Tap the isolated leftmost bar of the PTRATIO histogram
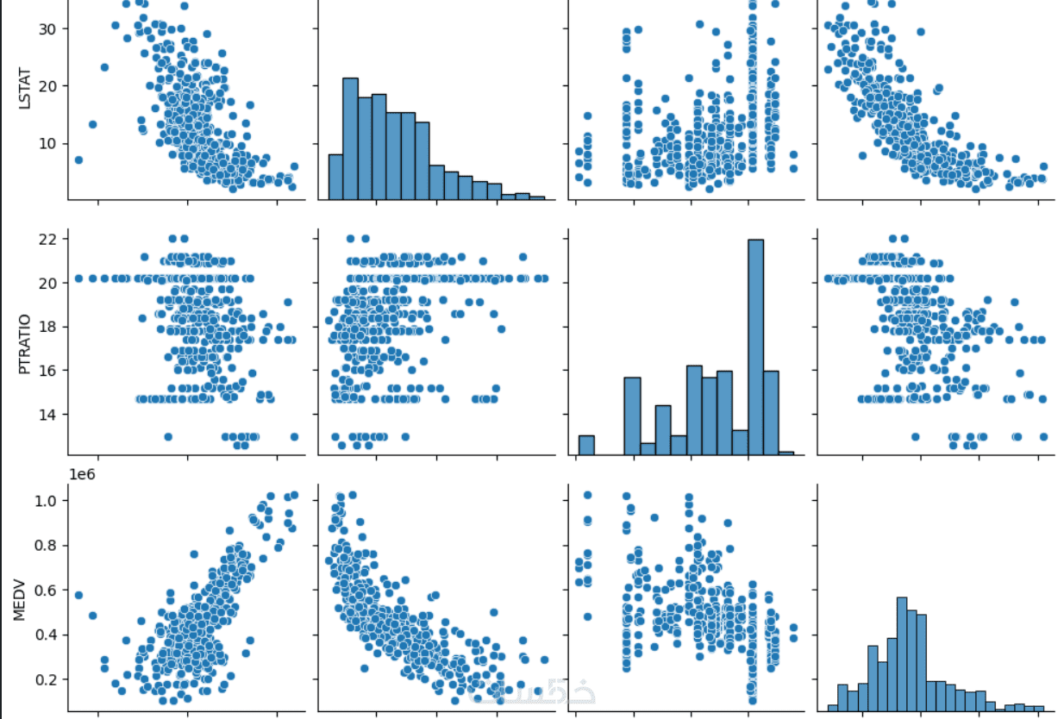tap(586, 445)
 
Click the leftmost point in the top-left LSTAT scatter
tap(78, 159)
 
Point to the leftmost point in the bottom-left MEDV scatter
tap(78, 595)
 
